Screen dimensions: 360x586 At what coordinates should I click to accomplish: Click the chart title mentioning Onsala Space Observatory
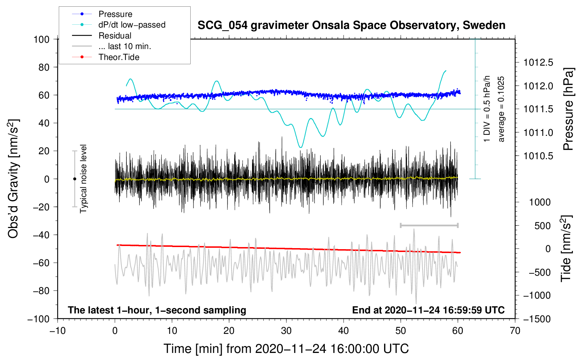pos(351,25)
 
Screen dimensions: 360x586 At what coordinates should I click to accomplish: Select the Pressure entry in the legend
pos(115,14)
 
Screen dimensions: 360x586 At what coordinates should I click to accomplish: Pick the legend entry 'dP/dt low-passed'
pos(132,25)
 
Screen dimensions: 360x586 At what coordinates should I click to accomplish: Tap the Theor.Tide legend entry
pos(119,57)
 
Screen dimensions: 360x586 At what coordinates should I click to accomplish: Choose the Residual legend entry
pos(115,36)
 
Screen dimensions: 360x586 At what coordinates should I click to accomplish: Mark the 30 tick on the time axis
pos(286,331)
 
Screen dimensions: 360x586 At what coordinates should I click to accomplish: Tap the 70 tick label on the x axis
pos(515,331)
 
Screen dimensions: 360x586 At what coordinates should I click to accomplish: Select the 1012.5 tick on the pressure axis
pos(538,62)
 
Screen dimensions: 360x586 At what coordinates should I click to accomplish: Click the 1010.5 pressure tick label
pos(538,156)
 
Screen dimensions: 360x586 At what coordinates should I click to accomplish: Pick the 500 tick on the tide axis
pos(542,226)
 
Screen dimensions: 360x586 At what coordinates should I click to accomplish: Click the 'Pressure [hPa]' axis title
pos(568,109)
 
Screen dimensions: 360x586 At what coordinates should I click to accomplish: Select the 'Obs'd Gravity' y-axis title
pos(13,179)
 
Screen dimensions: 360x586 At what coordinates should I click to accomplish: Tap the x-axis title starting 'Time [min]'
pos(286,349)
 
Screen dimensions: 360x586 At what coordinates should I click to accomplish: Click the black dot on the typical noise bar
pos(74,179)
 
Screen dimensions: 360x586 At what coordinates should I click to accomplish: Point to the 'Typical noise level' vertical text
pos(83,179)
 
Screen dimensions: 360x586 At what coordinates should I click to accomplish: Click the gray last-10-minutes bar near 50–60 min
pos(429,225)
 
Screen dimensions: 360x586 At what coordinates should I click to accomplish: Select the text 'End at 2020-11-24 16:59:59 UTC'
pos(428,310)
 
